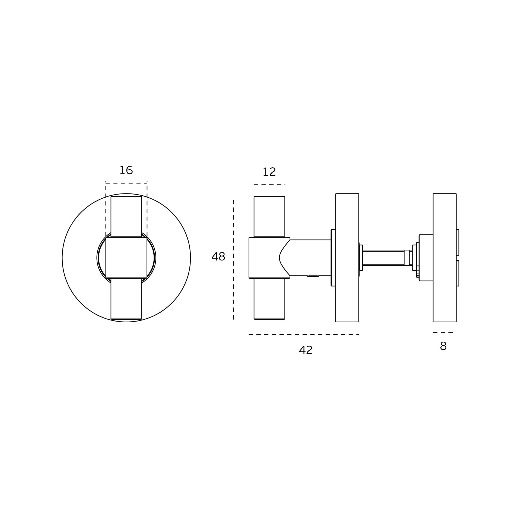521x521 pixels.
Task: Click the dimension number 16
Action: click(x=126, y=170)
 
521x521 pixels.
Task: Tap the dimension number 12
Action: click(x=269, y=172)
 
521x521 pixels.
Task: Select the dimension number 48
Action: click(x=218, y=256)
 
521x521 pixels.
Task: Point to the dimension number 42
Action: click(x=306, y=350)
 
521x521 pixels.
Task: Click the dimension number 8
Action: click(x=443, y=346)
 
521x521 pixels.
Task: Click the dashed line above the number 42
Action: click(x=304, y=335)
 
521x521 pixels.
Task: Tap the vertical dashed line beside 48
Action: click(x=233, y=260)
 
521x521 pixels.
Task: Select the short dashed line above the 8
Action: click(x=443, y=332)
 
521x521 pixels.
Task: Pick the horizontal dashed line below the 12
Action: click(x=269, y=184)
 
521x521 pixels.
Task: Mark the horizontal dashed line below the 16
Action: click(x=126, y=184)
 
